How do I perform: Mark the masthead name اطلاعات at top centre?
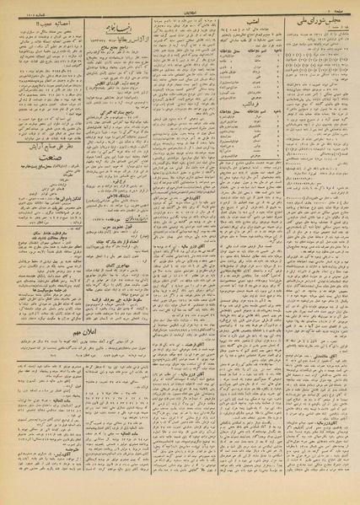(180, 4)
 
